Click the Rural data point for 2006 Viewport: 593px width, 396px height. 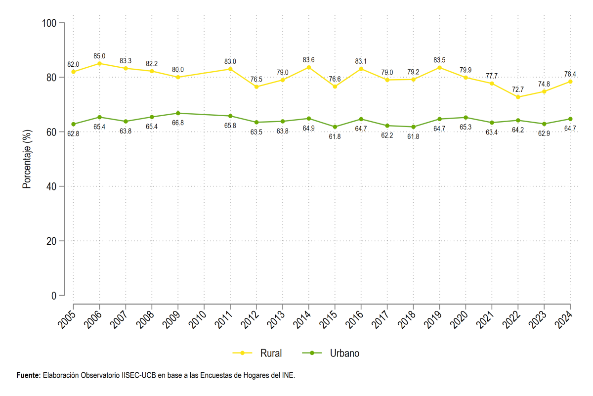99,64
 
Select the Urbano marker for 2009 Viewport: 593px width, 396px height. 178,113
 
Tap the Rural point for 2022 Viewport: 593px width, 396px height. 518,97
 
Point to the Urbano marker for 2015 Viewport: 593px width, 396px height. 335,127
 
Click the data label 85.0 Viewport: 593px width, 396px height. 99,56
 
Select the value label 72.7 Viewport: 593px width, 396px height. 518,89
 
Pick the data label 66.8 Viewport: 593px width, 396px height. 178,123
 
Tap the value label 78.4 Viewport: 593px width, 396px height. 570,74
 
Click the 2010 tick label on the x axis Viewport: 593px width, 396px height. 197,320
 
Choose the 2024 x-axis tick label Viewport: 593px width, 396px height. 563,320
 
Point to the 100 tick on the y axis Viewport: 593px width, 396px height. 49,23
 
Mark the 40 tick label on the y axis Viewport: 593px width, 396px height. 51,187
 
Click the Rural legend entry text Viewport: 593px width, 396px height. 271,353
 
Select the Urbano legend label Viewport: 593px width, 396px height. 344,353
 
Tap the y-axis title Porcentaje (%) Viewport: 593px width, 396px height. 27,159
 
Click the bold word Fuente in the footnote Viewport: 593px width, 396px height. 29,375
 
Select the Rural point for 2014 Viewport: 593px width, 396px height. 309,68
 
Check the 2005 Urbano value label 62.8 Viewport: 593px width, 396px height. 73,134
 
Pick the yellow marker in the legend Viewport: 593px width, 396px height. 242,353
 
